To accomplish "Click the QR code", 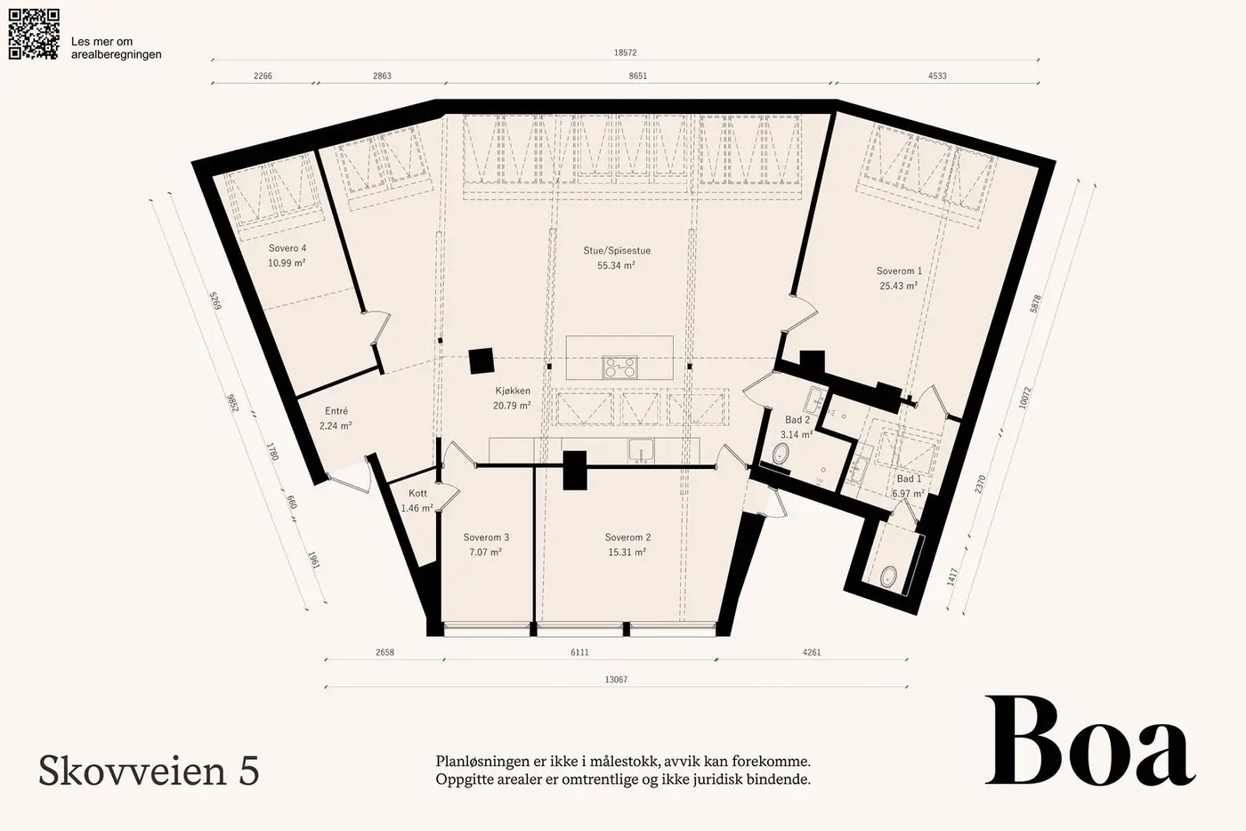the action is (x=34, y=34).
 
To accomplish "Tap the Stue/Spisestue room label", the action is (x=617, y=251).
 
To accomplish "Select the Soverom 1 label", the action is (x=899, y=270).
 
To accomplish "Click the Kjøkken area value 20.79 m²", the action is (x=512, y=406).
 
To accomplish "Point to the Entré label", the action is (x=336, y=411).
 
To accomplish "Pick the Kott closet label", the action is (x=417, y=494).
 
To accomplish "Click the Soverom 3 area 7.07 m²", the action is (x=486, y=552).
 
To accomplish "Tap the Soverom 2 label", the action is (x=627, y=537).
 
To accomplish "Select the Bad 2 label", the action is (x=797, y=420).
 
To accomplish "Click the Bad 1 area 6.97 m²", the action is (x=909, y=494).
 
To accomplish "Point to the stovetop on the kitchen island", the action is (x=619, y=367).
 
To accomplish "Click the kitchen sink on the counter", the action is (x=642, y=450).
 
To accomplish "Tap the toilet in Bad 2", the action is (x=781, y=454).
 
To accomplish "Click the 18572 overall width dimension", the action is (x=625, y=52).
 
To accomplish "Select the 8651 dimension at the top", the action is (x=638, y=77).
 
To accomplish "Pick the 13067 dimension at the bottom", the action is (x=616, y=680).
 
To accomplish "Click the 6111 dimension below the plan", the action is (x=579, y=652).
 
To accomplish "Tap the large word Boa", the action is (x=1090, y=741).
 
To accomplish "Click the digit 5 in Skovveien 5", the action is (x=249, y=771).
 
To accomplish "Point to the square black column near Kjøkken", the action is (x=481, y=360).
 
